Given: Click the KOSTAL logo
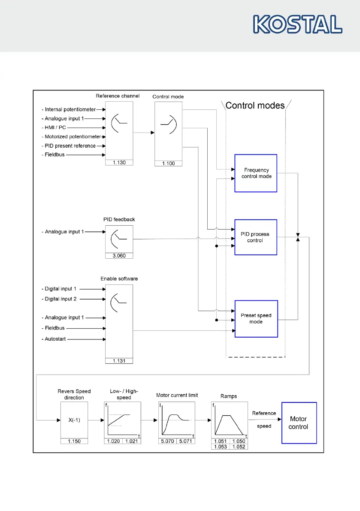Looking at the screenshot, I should pos(298,24).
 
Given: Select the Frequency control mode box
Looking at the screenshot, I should pos(256,173).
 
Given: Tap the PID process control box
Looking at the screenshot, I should pos(256,237).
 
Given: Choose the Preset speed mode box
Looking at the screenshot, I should pos(256,318).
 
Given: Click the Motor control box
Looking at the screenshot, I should pos(299,423).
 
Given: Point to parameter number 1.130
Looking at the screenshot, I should pos(119,163).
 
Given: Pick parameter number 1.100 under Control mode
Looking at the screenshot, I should pos(168,163).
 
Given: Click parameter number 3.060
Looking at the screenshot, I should pos(119,256).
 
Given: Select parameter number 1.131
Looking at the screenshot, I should pos(119,361).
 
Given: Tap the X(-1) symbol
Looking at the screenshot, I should pos(74,420).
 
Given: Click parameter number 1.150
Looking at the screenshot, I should pos(74,441).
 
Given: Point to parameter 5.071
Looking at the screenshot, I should pos(185,441).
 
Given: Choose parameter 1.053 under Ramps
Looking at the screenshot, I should pos(221,447).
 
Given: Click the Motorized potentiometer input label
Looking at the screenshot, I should pos(73,137).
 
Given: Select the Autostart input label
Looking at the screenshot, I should pos(56,339).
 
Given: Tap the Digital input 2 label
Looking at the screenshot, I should pos(61,299).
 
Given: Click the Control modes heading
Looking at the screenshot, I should pos(255,106).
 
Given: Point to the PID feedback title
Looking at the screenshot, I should pos(119,220).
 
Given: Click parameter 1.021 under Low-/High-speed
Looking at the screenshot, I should pos(131,441).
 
